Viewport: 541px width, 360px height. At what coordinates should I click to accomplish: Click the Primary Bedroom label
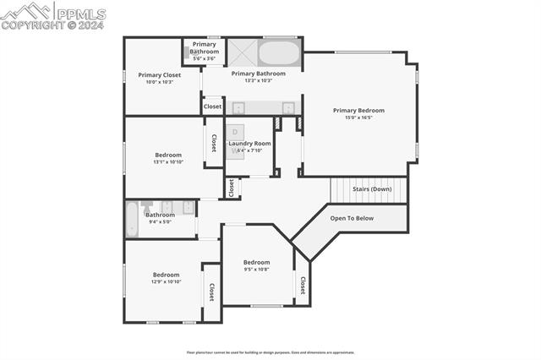pos(358,111)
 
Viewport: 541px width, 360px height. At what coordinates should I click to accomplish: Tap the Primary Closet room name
pos(160,75)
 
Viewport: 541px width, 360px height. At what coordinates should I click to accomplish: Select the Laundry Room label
pos(250,144)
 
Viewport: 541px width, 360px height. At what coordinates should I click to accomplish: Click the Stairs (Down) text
pos(371,189)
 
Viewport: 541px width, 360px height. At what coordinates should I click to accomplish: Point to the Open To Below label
pos(352,218)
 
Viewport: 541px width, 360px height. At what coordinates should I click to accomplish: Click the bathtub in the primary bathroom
pos(279,53)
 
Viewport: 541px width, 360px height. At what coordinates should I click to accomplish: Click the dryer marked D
pos(235,132)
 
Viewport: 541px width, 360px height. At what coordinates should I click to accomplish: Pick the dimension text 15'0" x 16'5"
pos(358,118)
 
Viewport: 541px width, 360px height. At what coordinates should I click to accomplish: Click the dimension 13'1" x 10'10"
pos(167,162)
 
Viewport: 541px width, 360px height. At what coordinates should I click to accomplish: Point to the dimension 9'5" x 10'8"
pos(256,270)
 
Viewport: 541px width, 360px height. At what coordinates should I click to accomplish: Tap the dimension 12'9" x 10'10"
pos(166,282)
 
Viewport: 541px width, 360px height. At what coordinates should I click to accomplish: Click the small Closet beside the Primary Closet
pos(212,106)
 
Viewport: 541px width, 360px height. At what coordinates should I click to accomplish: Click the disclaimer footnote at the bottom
pos(270,352)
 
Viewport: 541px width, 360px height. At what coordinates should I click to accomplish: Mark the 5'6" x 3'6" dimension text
pos(205,58)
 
